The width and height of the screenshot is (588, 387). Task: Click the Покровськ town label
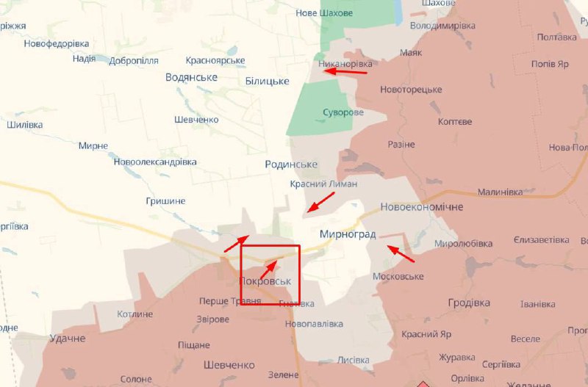coord(265,281)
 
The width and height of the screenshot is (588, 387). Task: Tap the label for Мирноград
coord(348,234)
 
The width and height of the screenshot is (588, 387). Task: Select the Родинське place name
coord(291,164)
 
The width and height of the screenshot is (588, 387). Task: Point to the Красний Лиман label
coord(323,184)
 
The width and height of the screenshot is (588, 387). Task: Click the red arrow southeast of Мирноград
coord(401,254)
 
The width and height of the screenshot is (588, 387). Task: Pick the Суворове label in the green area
coord(343,112)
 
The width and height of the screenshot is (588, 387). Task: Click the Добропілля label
coord(133,60)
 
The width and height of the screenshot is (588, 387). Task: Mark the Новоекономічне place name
coord(422,207)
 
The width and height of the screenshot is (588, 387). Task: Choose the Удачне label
coord(68,339)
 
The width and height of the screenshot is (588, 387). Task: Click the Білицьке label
coord(267,80)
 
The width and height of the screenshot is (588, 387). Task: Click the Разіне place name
coord(401,144)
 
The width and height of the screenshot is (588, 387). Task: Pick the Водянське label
coord(191,77)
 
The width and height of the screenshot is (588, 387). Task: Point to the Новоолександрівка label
coord(155,162)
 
